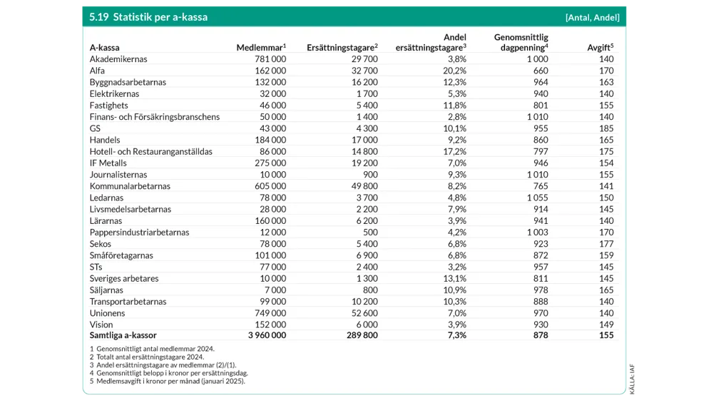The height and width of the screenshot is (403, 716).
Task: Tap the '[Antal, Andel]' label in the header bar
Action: point(592,17)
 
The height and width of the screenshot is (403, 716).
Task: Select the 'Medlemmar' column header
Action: point(261,48)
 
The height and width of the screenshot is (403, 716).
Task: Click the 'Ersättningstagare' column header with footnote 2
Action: point(342,48)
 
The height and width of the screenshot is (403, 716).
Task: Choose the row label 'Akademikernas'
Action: point(118,59)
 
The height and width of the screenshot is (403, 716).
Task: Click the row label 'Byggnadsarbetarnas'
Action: point(128,82)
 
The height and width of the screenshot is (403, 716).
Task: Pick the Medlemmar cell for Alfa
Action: point(270,71)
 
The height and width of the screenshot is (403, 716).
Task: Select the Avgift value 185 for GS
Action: point(606,128)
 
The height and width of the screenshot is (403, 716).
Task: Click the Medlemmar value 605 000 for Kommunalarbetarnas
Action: point(270,186)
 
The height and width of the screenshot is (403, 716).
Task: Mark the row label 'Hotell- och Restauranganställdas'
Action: point(150,151)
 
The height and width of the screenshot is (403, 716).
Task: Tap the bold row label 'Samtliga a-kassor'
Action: point(123,335)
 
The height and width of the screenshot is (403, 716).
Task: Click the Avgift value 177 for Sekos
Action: point(606,244)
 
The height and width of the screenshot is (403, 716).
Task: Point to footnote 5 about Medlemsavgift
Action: point(168,382)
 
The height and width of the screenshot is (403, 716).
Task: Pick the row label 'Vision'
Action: point(102,325)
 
